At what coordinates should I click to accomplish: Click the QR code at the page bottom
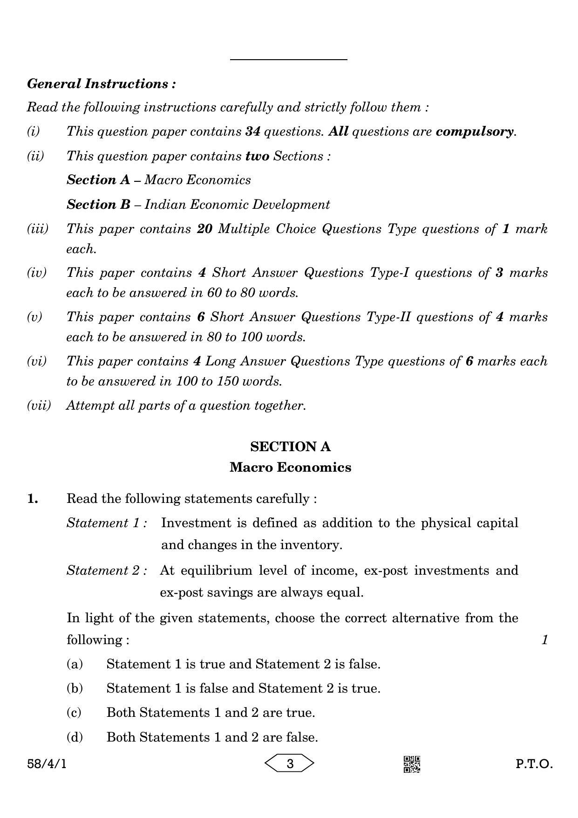411,764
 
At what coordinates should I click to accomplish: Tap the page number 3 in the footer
290,764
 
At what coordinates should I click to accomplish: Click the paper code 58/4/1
47,764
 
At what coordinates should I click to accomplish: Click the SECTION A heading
290,447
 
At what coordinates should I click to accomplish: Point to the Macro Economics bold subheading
290,467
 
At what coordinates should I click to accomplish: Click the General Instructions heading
102,84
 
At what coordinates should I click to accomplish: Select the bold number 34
252,131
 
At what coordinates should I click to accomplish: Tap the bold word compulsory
475,131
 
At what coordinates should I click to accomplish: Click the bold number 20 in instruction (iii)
204,229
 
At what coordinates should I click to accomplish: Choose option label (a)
75,664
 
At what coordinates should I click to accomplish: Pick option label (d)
75,737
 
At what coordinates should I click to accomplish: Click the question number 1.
33,499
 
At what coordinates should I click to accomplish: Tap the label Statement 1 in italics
107,523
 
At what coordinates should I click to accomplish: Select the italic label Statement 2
107,571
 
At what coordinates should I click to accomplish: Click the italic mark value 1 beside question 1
544,640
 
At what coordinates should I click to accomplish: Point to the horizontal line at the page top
288,60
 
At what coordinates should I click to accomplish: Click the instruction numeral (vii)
39,405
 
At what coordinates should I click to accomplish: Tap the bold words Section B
98,204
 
